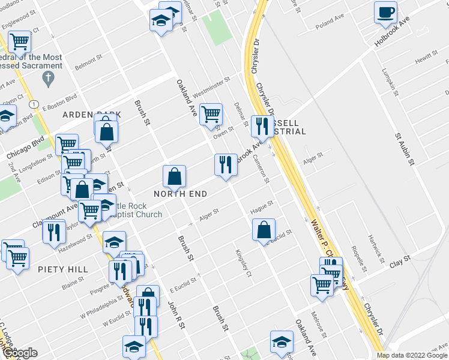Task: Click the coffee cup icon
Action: (385, 12)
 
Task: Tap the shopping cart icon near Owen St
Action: (211, 113)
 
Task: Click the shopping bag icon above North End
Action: (174, 176)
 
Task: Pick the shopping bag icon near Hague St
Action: (264, 229)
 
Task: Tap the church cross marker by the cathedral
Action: (49, 78)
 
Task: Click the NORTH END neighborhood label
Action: (181, 194)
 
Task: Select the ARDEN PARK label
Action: (91, 114)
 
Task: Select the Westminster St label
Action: (211, 88)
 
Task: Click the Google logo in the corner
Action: (20, 353)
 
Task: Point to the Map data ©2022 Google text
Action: (412, 355)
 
